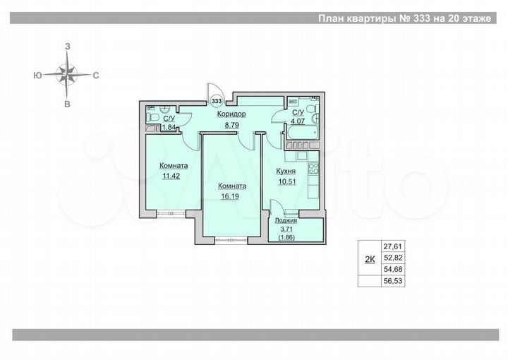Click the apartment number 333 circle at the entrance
click(x=217, y=101)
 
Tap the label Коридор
click(x=231, y=114)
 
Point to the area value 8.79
click(x=231, y=125)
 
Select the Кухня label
click(x=285, y=171)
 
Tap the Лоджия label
click(x=286, y=221)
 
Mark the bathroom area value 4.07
click(x=298, y=121)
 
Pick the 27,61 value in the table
click(x=392, y=246)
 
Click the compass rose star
click(x=67, y=74)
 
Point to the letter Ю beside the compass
click(x=36, y=74)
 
